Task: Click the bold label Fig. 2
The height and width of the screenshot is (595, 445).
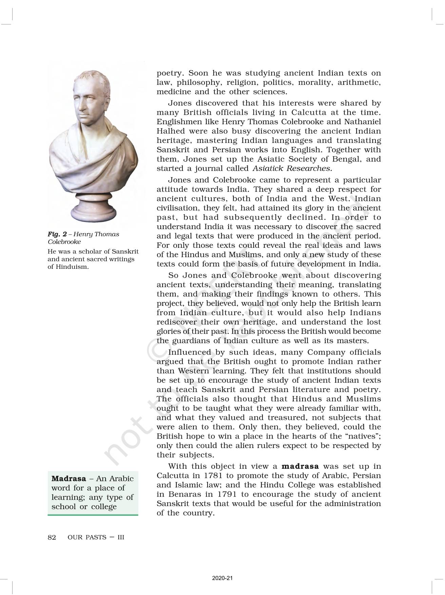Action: coord(57,234)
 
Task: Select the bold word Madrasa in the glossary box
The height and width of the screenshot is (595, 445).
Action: coord(69,479)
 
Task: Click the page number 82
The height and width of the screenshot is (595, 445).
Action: coord(52,537)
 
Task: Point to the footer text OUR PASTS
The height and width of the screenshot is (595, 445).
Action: coord(87,537)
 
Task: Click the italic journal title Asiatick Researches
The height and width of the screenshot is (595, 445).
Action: coord(292,168)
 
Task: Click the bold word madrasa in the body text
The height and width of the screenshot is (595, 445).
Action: coord(300,466)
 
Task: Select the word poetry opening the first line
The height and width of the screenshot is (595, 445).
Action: coord(171,73)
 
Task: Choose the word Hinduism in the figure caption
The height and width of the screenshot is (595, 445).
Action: coord(72,267)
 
